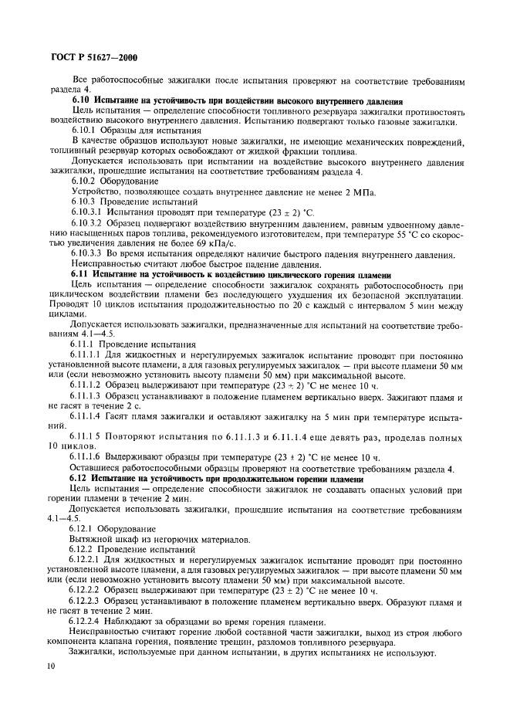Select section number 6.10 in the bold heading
click(x=82, y=101)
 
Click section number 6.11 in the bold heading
click(x=82, y=274)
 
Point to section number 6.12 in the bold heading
click(x=82, y=480)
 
